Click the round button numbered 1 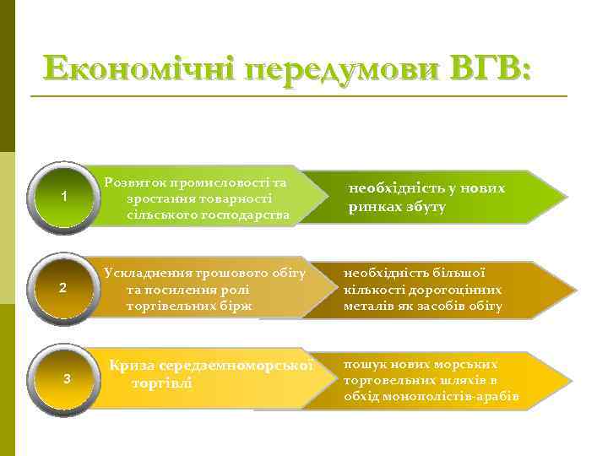64,198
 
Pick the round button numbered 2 64,289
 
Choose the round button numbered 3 67,378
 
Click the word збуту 424,207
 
